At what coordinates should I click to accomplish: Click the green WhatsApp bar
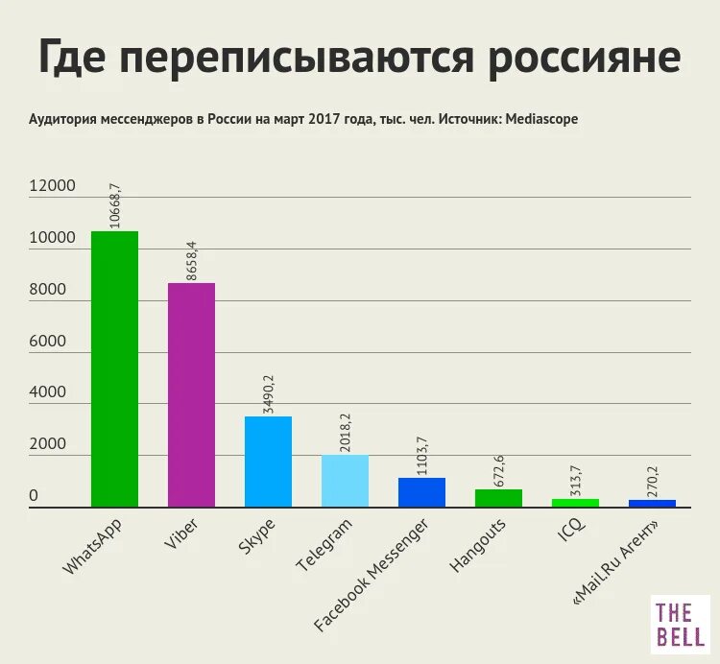point(114,368)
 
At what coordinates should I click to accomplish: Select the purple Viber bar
point(191,394)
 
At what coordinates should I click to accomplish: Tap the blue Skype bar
point(268,461)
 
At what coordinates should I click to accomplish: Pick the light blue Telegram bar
point(345,480)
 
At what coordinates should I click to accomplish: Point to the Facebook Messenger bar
point(421,491)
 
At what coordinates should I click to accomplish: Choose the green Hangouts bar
point(498,497)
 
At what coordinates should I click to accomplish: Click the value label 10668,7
point(115,204)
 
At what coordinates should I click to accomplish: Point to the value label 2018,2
point(346,432)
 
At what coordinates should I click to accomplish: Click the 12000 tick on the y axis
point(52,187)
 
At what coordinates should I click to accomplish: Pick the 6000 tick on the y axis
point(47,343)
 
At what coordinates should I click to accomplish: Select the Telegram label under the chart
point(324,546)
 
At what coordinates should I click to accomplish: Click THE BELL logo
point(681,623)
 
